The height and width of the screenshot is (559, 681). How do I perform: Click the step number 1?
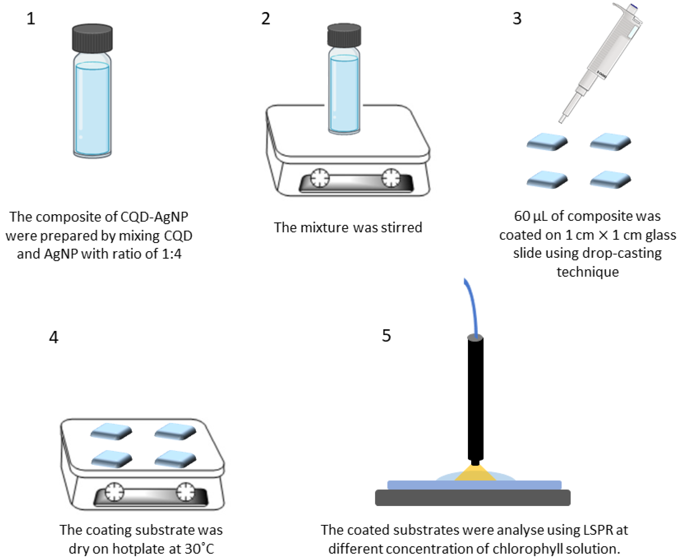(x=31, y=18)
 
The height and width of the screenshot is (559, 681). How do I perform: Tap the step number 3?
(x=517, y=18)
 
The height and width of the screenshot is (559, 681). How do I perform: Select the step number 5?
(x=386, y=336)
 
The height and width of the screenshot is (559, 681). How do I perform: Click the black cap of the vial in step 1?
(x=92, y=38)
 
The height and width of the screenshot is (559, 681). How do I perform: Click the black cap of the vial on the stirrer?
(x=344, y=35)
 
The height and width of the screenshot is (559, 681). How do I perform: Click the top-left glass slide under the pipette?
(x=547, y=142)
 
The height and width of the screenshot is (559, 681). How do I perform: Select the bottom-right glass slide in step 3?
(x=610, y=180)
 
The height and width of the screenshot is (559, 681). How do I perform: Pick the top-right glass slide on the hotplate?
(x=175, y=431)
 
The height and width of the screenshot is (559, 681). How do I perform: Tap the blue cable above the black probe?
(x=471, y=306)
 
